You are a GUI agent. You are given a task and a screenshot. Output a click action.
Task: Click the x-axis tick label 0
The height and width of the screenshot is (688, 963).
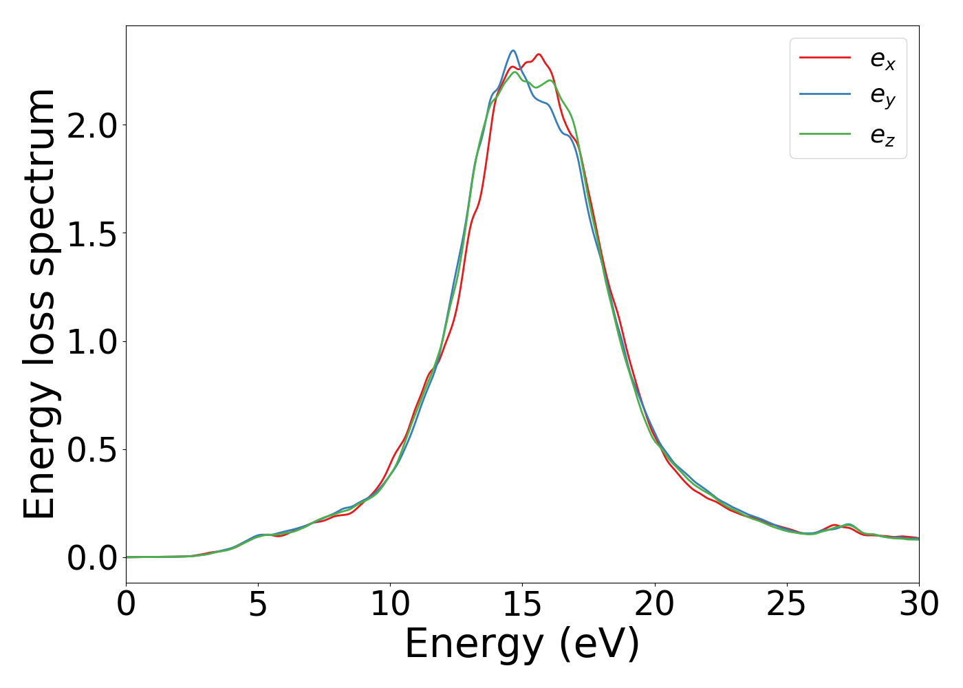coord(126,605)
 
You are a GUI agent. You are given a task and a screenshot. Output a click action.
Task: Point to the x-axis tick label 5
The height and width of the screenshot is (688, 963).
coord(258,605)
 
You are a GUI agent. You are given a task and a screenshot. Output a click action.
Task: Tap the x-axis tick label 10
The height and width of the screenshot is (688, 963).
coord(390,605)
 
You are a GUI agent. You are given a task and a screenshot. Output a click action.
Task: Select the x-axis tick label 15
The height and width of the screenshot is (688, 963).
coord(522,605)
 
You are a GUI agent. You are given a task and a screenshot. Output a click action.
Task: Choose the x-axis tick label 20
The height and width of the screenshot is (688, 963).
coord(654,605)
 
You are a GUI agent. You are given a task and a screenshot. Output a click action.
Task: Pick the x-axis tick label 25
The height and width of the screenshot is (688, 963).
coord(786,605)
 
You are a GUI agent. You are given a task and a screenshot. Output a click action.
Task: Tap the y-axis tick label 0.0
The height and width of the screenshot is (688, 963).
coord(92,558)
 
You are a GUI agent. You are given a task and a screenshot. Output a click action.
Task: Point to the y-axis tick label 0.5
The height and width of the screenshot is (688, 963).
coord(92,450)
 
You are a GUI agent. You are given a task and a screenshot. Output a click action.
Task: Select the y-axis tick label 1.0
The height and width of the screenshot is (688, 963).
coord(92,342)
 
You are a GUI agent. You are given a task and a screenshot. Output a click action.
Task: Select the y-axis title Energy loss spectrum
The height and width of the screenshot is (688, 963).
coord(40,304)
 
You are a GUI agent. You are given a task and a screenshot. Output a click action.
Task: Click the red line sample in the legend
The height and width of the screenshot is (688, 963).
coord(825,58)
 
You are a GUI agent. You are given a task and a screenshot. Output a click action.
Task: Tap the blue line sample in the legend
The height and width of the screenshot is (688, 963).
coord(825,96)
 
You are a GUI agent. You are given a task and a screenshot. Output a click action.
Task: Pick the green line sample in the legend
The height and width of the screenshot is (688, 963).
coord(825,134)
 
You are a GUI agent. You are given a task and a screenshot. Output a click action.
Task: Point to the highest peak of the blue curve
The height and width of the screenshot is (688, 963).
coord(513,50)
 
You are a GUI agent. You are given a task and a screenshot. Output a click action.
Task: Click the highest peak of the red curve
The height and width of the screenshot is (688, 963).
coord(539,54)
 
